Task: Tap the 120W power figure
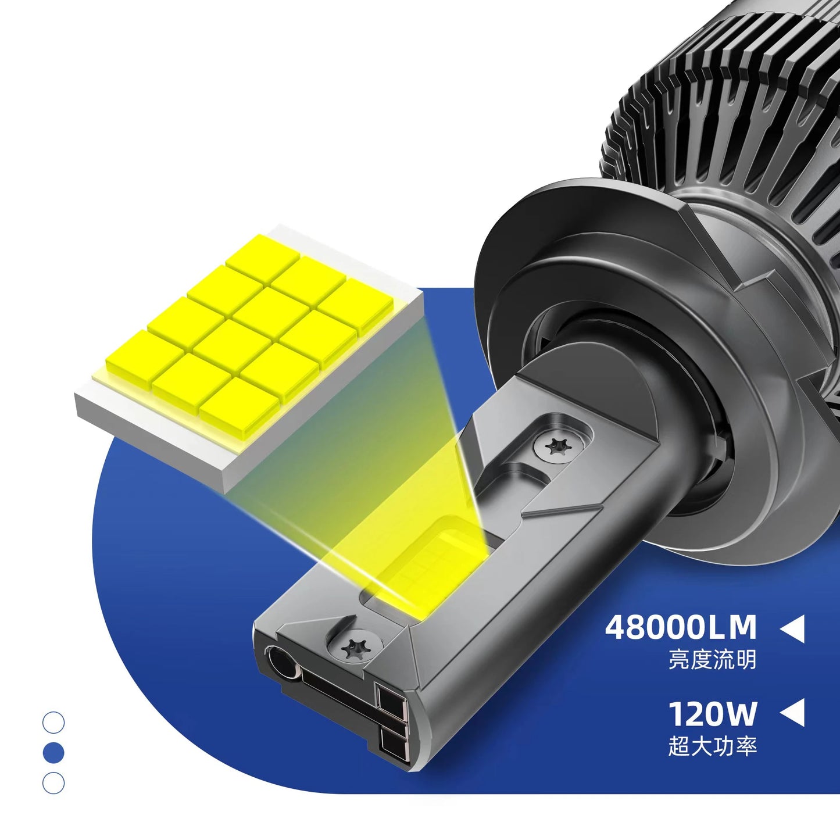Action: [713, 714]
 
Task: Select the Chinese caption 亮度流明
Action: [713, 660]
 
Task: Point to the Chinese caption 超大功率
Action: [713, 746]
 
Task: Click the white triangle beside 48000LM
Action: [792, 628]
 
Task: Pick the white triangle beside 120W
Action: [792, 713]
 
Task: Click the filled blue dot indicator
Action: [53, 753]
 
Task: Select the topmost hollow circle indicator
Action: [53, 723]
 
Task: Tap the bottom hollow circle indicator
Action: [53, 783]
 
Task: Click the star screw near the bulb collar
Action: [559, 446]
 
